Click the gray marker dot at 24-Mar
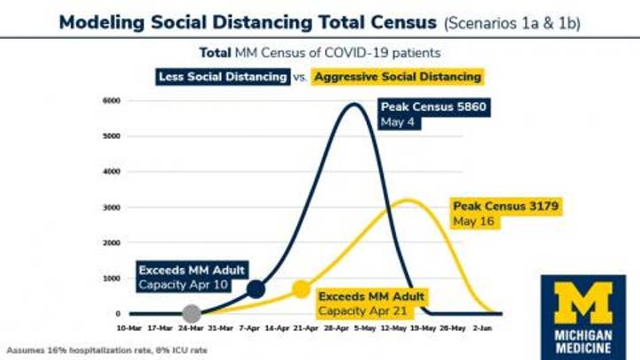click(192, 313)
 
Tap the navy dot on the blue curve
click(255, 288)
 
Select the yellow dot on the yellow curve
click(301, 288)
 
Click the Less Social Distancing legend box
click(224, 77)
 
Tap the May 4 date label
click(395, 123)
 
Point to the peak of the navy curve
click(355, 104)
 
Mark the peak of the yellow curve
click(408, 200)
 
